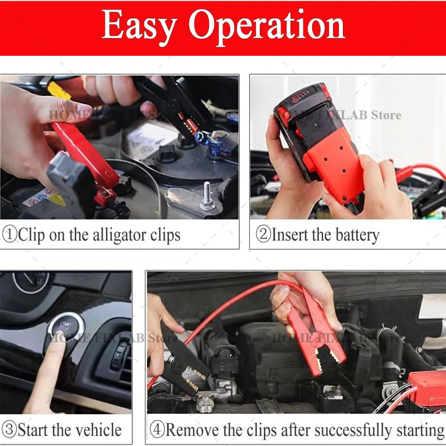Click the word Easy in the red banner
point(140,26)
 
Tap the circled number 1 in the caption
point(9,235)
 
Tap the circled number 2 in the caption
point(263,235)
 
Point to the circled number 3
point(9,430)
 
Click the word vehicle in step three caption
point(96,430)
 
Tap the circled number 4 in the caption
point(157,430)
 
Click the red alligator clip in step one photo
point(84,156)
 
